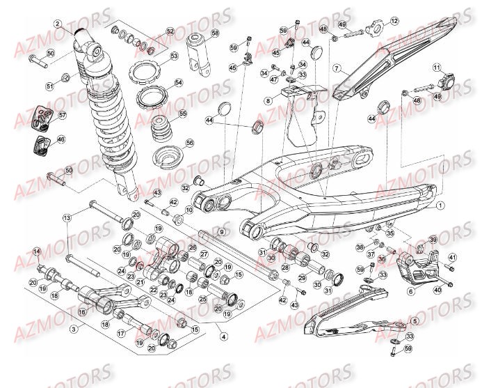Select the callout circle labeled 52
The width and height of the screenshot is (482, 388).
[x=170, y=32]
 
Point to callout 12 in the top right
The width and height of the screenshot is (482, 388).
[x=394, y=22]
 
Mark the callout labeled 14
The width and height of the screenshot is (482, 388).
[x=37, y=251]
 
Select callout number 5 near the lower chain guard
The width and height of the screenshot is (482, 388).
[x=415, y=321]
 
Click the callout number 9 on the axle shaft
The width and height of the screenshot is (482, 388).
[x=221, y=232]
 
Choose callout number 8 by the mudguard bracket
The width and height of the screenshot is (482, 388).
[x=268, y=100]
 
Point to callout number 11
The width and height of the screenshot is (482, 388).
[x=437, y=68]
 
